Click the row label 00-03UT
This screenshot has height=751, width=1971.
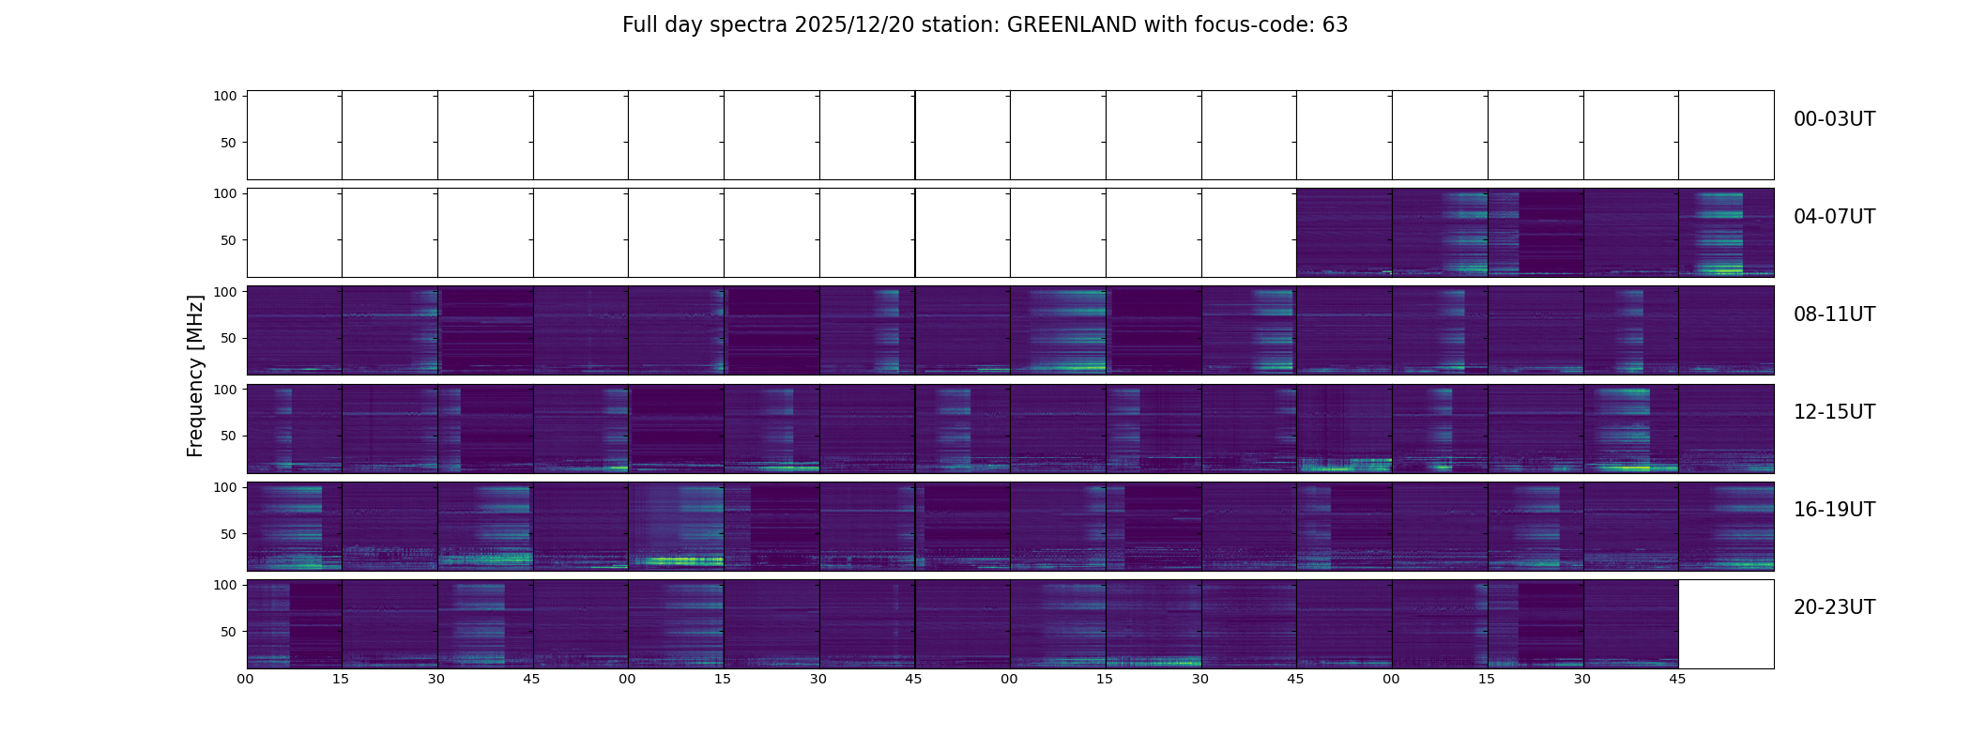[1834, 119]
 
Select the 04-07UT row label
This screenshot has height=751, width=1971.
[1834, 217]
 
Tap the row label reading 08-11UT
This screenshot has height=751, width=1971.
[1834, 314]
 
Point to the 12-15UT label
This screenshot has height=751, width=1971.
[1834, 412]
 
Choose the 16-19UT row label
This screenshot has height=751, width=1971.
[1834, 510]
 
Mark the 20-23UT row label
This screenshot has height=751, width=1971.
[1834, 607]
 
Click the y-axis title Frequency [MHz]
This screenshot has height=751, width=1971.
[195, 375]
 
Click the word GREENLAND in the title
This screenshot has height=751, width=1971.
[1071, 25]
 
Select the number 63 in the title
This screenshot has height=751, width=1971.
[1336, 25]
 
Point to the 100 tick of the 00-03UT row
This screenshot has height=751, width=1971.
[224, 96]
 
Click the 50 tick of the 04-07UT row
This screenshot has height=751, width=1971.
[229, 240]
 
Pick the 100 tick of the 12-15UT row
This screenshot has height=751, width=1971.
[224, 389]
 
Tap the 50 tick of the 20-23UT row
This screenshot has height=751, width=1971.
[229, 632]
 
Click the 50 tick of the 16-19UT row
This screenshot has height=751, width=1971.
[229, 534]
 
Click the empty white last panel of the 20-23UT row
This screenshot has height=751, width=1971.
[1725, 624]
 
